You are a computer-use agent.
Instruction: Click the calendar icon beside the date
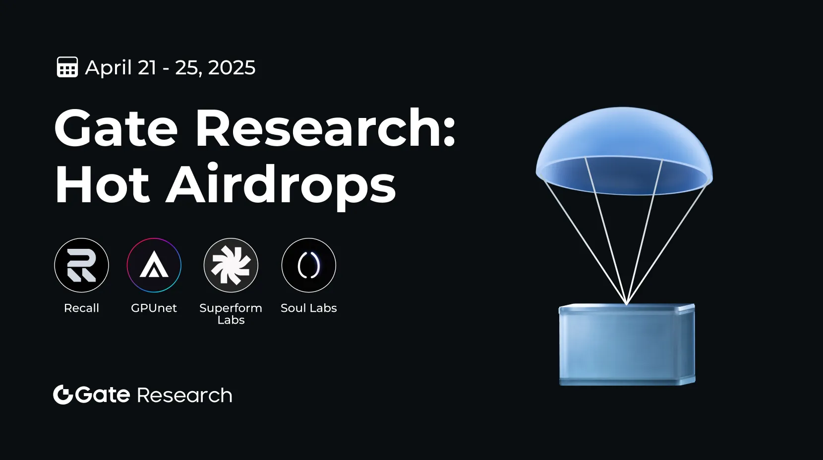tap(67, 67)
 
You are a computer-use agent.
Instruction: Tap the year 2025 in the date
tap(232, 67)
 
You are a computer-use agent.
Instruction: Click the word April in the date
tap(109, 68)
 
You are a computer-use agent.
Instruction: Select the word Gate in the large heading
tap(116, 128)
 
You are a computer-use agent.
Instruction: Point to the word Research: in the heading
tap(326, 127)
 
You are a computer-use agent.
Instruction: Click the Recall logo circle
tap(82, 265)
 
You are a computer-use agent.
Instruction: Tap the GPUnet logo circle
tap(154, 265)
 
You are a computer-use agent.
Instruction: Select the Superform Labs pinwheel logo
tap(231, 265)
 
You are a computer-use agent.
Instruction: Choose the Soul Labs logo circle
tap(308, 265)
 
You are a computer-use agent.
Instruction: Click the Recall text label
tap(82, 308)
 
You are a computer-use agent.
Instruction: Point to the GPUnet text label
tap(154, 308)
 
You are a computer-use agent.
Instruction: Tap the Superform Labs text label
tap(231, 314)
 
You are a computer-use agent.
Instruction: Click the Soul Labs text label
tap(308, 308)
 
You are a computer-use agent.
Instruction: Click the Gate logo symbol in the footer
tap(63, 395)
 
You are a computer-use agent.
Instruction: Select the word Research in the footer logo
tap(184, 396)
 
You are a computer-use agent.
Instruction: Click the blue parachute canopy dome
tap(624, 151)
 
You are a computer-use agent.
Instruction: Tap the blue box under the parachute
tap(627, 345)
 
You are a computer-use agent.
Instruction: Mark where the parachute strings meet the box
tap(627, 304)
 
